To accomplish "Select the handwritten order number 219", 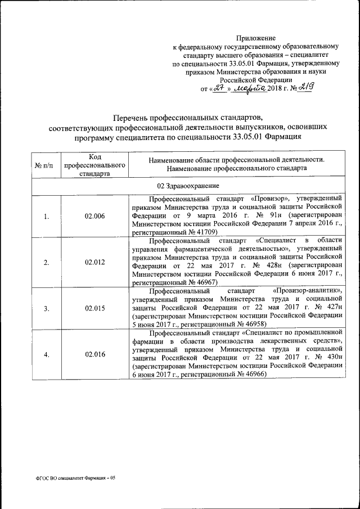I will coord(305,87).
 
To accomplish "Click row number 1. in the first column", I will coord(46,215).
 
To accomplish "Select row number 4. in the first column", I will coord(46,354).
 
